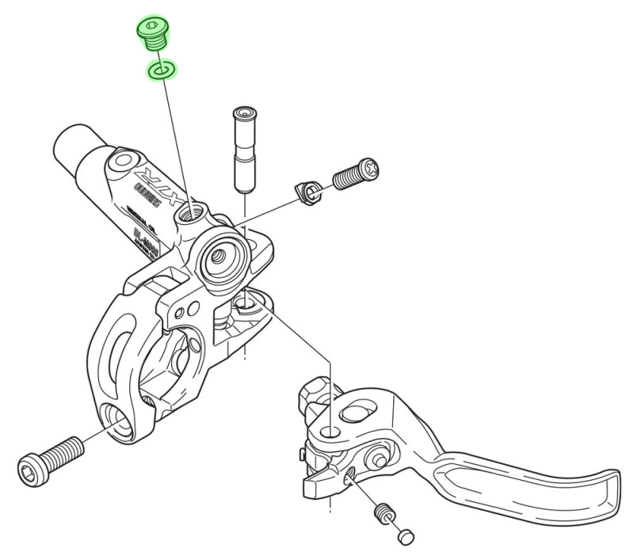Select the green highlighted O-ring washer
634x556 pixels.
162,72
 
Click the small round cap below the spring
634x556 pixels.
406,536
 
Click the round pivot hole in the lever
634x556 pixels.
330,432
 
